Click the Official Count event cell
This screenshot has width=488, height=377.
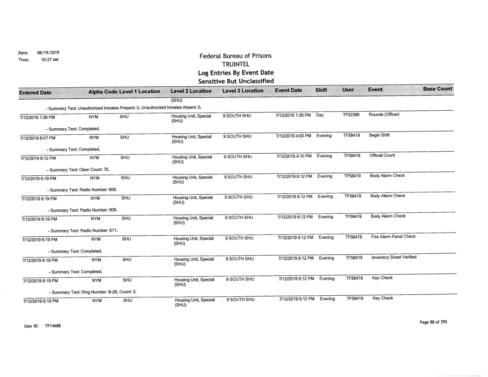coord(380,157)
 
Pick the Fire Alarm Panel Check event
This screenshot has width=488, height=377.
coord(387,237)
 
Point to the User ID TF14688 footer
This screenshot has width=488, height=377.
coord(33,326)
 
